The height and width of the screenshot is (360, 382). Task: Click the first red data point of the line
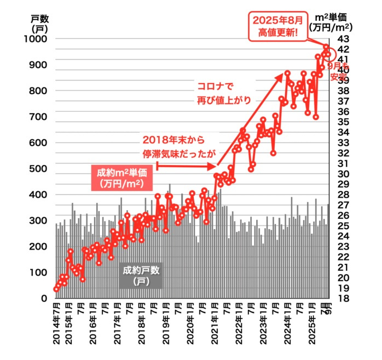click(56, 289)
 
